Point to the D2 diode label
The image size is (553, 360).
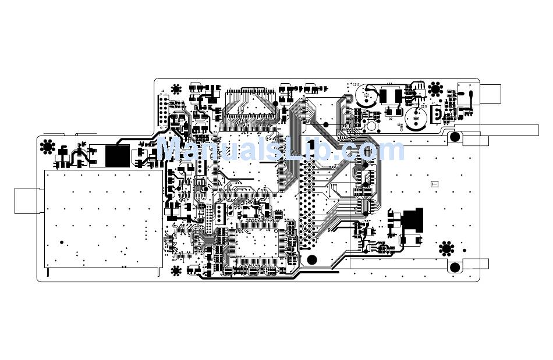391,119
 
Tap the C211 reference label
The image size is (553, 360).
424,106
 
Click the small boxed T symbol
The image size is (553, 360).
434,184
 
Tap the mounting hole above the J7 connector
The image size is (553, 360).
435,89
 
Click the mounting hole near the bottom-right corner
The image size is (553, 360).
446,249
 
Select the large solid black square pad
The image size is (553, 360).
118,155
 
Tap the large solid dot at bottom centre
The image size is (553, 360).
312,259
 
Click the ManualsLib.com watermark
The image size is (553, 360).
281,149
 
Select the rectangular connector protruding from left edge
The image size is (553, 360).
27,201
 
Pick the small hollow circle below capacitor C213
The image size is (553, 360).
370,126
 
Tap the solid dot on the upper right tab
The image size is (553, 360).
455,137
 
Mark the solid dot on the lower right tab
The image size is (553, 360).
455,267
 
